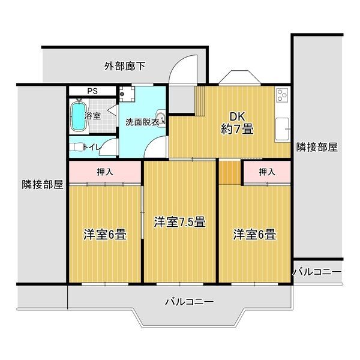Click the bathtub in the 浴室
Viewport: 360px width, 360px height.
tap(78, 116)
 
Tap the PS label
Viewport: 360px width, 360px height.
tap(92, 91)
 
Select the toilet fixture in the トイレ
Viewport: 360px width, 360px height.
tap(77, 147)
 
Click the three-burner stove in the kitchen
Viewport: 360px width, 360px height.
tap(283, 95)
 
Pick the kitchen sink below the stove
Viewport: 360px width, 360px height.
tap(282, 129)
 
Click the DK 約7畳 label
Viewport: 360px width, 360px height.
tap(238, 123)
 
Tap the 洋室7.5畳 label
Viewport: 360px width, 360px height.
tap(180, 222)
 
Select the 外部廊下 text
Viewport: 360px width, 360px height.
tap(125, 67)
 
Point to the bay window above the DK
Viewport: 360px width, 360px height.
tap(239, 78)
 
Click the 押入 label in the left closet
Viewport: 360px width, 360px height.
tap(105, 172)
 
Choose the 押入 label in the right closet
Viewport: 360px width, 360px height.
tap(267, 172)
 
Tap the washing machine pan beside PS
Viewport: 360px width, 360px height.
tap(127, 94)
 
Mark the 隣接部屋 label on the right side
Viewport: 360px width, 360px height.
tap(317, 147)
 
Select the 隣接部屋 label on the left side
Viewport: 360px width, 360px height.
tap(43, 184)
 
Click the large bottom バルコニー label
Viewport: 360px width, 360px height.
tap(190, 301)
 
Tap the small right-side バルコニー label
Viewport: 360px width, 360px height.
tap(317, 272)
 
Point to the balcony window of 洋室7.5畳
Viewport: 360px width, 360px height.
tap(180, 284)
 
